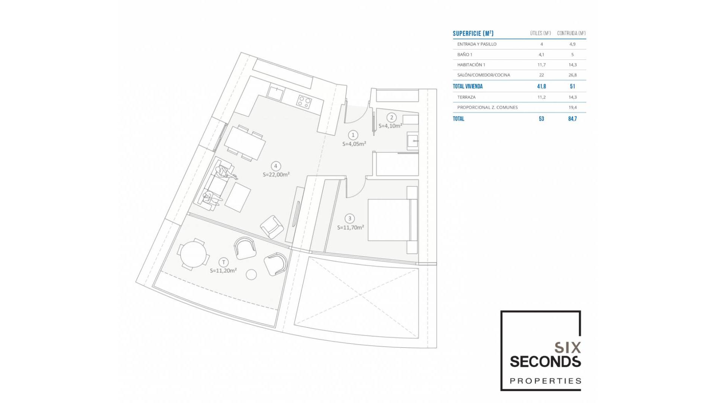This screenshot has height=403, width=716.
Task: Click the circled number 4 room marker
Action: [276, 166]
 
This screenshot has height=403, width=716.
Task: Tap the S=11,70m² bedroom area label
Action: [350, 227]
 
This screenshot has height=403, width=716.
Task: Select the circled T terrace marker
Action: [223, 262]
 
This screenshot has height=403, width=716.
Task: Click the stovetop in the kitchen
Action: [304, 101]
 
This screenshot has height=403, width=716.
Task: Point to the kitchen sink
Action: [276, 94]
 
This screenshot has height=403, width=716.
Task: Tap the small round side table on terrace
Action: [251, 275]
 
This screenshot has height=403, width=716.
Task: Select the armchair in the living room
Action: [271, 227]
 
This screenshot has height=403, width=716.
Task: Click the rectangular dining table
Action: [245, 143]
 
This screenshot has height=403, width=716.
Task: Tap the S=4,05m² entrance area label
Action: [354, 144]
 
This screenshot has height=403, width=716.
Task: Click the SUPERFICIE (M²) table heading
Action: [473, 34]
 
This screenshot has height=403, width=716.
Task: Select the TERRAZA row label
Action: [466, 97]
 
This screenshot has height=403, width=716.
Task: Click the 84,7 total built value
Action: [572, 119]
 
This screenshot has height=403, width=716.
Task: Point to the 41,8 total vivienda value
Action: [541, 86]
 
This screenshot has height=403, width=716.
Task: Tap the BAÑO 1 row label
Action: [465, 54]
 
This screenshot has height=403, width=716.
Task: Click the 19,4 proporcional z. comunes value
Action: [572, 107]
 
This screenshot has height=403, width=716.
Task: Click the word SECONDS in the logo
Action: [545, 362]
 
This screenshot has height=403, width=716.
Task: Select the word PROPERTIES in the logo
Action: [545, 381]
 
